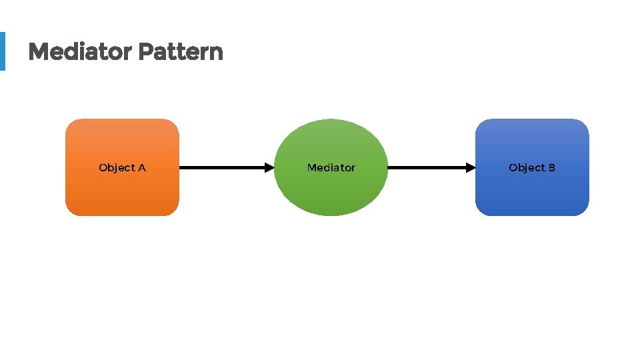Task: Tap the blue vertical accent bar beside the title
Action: tap(2, 51)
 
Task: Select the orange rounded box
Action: tap(122, 193)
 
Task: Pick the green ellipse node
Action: tap(331, 193)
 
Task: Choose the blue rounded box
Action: tap(532, 193)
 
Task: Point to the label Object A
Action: tap(122, 168)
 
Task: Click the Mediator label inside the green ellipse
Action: tap(331, 168)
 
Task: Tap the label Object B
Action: tap(532, 168)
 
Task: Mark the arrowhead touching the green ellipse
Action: tap(269, 168)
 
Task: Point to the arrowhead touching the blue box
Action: tap(471, 168)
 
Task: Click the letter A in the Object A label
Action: tap(141, 168)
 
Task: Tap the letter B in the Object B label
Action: tap(551, 168)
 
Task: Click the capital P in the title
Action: tap(145, 51)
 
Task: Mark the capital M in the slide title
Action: tap(37, 51)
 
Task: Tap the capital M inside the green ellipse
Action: tap(311, 168)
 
